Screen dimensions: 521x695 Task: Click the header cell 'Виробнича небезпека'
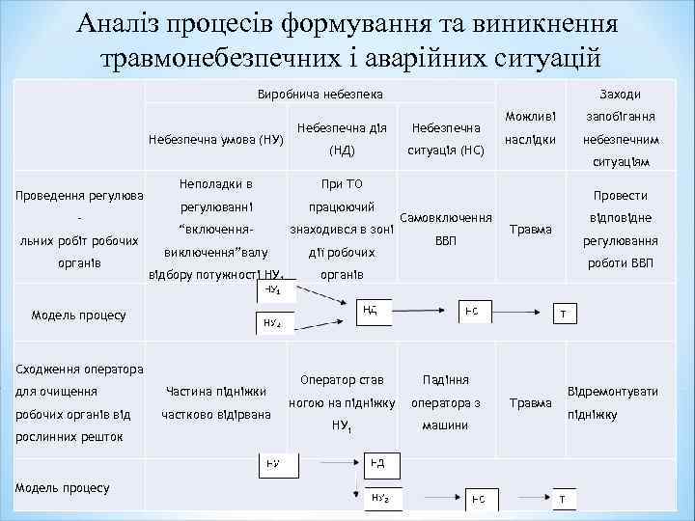(320, 94)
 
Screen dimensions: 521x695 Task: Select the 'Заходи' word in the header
(620, 94)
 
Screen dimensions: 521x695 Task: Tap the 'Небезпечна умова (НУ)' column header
(215, 139)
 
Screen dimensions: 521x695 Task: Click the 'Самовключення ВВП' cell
(446, 229)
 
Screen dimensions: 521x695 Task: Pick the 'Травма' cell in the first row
(532, 230)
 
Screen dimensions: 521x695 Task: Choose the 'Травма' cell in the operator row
(532, 401)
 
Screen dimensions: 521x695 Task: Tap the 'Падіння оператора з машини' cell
(445, 402)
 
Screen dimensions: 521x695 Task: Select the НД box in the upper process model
(372, 311)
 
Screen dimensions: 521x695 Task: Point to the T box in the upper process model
(563, 314)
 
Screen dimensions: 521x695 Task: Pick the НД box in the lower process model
(376, 464)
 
